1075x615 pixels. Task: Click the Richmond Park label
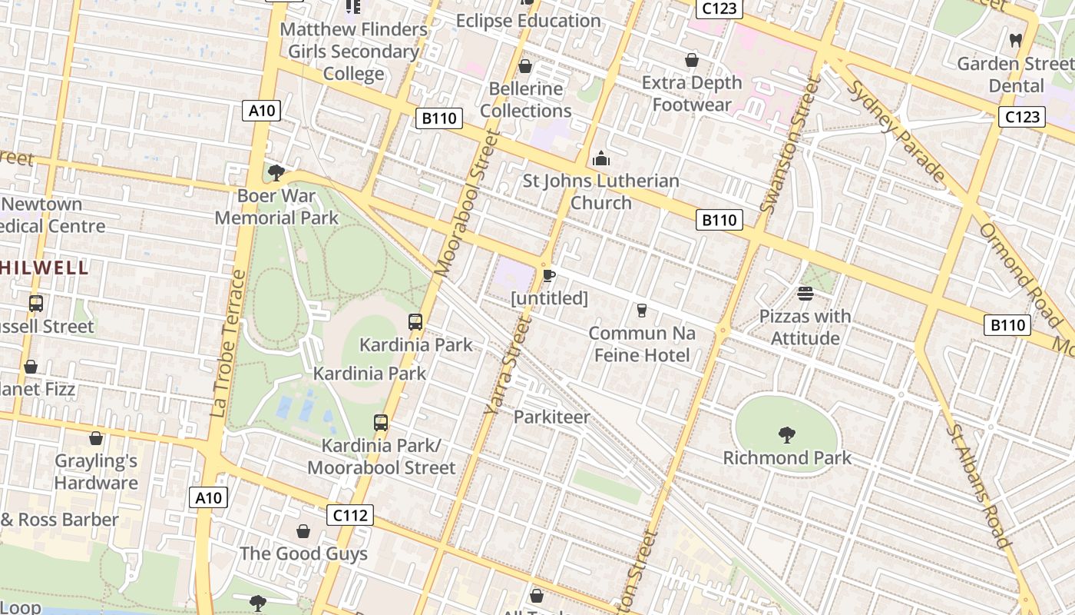(x=787, y=458)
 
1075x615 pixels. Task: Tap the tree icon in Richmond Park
(x=786, y=436)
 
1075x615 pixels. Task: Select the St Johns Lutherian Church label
(x=601, y=192)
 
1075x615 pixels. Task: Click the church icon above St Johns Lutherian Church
(x=601, y=159)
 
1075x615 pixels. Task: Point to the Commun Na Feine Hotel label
(x=642, y=344)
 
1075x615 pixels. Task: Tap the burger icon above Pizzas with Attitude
(x=805, y=293)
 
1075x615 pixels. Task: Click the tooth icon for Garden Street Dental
(x=1016, y=40)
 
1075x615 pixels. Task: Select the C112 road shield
(x=350, y=515)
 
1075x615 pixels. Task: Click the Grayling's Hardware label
(x=96, y=472)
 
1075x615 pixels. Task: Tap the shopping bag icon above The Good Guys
(x=303, y=531)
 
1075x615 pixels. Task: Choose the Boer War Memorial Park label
(x=276, y=207)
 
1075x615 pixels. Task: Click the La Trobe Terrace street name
(x=228, y=344)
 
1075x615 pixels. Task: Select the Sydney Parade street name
(x=896, y=131)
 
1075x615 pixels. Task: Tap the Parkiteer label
(x=551, y=417)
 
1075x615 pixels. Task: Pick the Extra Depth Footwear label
(x=692, y=94)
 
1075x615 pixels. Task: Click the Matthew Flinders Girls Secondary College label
(x=353, y=52)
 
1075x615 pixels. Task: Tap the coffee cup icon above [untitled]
(x=549, y=274)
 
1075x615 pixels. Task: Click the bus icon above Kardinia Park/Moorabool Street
(x=381, y=423)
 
